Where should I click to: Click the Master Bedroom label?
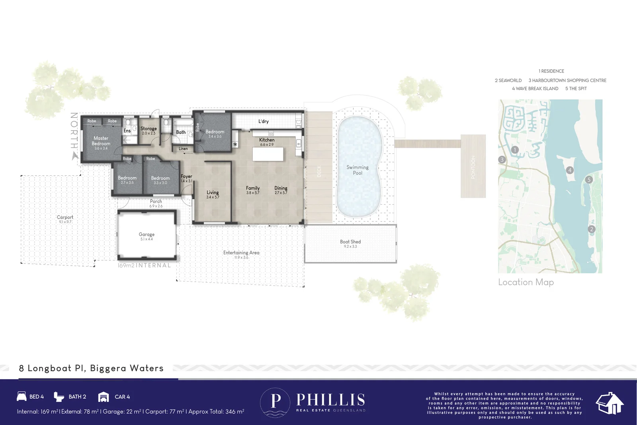[101, 141]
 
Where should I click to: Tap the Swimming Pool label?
[358, 170]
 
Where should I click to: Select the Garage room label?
[147, 235]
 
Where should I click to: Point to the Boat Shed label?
[350, 242]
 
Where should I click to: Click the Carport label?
[65, 217]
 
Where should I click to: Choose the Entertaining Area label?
[241, 253]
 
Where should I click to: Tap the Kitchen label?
[267, 140]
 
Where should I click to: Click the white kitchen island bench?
[268, 154]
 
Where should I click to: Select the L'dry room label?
[264, 121]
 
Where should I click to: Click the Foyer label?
[186, 176]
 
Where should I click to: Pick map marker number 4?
[570, 170]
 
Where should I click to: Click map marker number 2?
[591, 229]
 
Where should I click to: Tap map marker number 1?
[515, 150]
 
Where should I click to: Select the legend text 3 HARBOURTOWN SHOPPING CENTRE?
[567, 80]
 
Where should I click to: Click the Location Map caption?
[526, 282]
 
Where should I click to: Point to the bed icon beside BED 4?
[21, 396]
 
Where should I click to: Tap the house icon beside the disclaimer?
[609, 403]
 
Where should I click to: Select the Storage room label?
[149, 129]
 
